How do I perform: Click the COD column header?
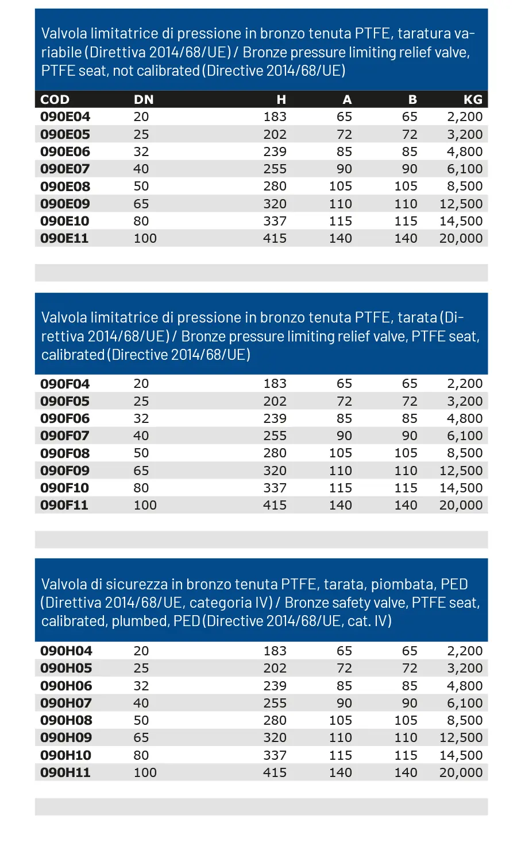(55, 99)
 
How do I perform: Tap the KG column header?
(473, 99)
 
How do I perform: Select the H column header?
(281, 99)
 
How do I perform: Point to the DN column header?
(144, 99)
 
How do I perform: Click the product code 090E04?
(65, 116)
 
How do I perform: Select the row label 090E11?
(64, 238)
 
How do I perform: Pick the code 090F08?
(65, 453)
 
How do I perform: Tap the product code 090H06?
(66, 686)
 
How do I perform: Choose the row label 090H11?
(65, 772)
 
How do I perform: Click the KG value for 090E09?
(461, 204)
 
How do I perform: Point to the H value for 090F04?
(275, 383)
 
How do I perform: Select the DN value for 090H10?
(141, 755)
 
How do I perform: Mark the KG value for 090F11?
(461, 505)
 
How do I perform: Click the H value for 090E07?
(275, 169)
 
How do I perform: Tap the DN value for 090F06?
(141, 418)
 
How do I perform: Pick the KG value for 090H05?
(465, 668)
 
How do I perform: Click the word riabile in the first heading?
(61, 52)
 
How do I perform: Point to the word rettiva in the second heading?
(63, 336)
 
